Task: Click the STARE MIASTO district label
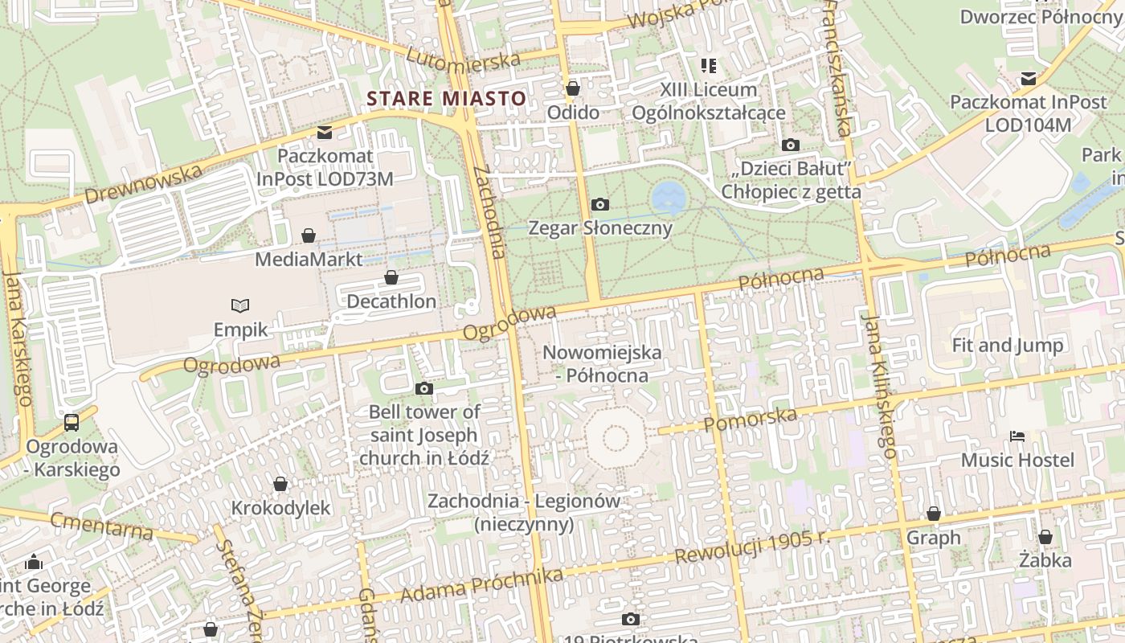coord(446,99)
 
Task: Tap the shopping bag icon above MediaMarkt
coord(309,235)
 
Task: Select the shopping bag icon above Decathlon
coord(391,277)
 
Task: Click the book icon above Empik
coord(240,305)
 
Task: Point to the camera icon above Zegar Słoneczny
coord(599,205)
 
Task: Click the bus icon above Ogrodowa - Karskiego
coord(72,422)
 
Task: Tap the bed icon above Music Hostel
coord(1017,436)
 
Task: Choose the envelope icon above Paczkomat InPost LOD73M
coord(325,132)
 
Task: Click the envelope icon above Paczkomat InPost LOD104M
coord(1029,79)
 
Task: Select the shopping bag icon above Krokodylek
coord(280,484)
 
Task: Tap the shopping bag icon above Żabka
coord(1045,536)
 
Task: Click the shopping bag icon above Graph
coord(934,513)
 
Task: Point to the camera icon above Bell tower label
coord(424,389)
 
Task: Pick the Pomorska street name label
coord(750,419)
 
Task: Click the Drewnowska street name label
coord(142,184)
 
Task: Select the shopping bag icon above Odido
coord(573,88)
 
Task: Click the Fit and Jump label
coord(1007,346)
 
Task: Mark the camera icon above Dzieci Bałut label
coord(791,145)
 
